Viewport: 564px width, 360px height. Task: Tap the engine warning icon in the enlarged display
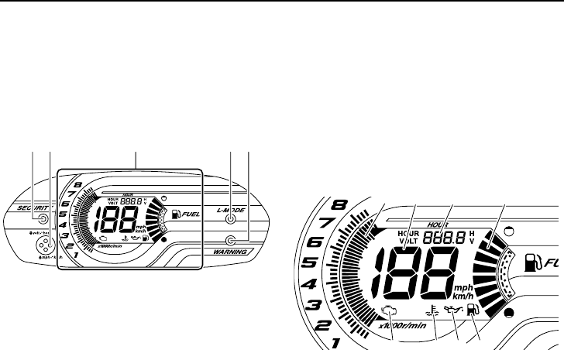click(x=388, y=314)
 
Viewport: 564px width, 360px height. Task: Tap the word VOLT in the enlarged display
click(x=408, y=241)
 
